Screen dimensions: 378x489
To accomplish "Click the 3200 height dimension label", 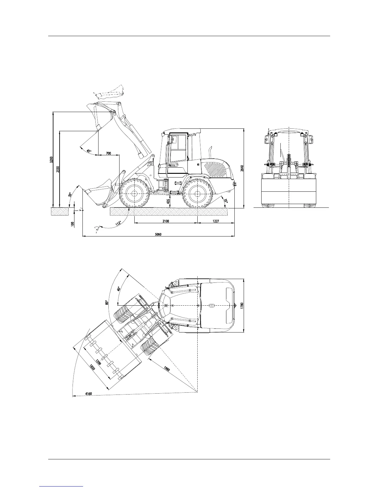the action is [x=51, y=160].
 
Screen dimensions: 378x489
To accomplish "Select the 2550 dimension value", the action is [x=58, y=169].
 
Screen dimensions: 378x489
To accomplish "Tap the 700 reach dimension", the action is [x=108, y=153].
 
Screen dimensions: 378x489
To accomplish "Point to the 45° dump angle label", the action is [x=89, y=151].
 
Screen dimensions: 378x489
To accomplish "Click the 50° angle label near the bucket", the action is [x=70, y=195].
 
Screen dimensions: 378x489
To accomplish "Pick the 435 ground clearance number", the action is [x=168, y=201].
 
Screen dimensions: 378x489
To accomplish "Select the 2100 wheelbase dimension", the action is [x=166, y=221].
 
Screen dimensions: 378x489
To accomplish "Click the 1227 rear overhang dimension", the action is [x=216, y=221].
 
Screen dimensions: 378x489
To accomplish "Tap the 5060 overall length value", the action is [x=158, y=234].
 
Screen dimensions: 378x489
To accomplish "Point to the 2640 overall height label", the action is [x=242, y=168].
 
